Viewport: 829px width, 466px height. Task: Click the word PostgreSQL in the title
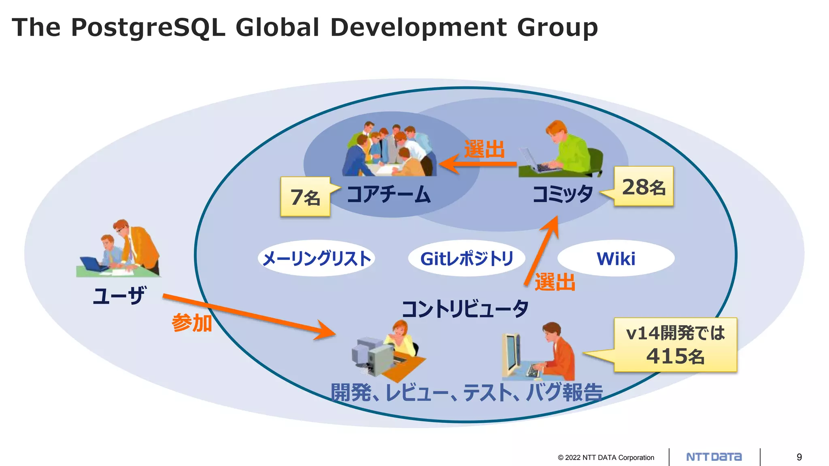point(148,28)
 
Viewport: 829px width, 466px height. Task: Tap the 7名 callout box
point(305,197)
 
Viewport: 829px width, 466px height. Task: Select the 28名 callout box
point(644,186)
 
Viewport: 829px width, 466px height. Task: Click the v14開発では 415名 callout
point(675,345)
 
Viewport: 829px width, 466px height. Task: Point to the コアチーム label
point(389,194)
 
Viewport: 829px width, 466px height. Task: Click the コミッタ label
point(563,194)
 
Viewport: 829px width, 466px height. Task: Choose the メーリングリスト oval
point(317,258)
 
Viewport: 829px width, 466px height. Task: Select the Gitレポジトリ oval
point(467,258)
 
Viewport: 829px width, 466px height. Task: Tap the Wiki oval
point(616,258)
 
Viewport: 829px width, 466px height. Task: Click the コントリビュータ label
point(465,309)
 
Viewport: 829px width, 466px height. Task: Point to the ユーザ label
point(119,295)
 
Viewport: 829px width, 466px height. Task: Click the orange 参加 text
point(192,323)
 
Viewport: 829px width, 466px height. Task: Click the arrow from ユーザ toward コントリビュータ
point(249,315)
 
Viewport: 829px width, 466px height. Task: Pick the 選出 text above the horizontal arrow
point(485,149)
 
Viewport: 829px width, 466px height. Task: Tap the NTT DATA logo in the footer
point(714,457)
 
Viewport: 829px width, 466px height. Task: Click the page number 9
point(799,457)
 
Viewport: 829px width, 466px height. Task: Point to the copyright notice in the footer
point(606,458)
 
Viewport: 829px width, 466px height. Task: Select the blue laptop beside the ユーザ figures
point(92,264)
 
